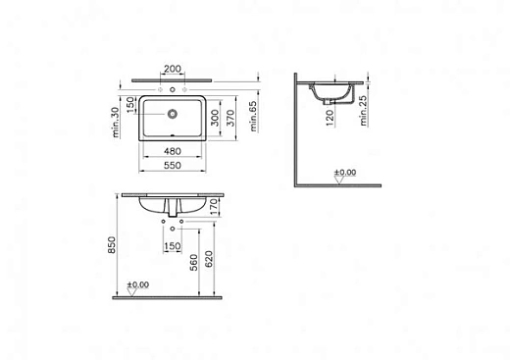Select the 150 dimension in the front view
tap(172, 245)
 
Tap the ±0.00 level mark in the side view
tap(344, 173)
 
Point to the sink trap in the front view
tap(172, 211)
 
